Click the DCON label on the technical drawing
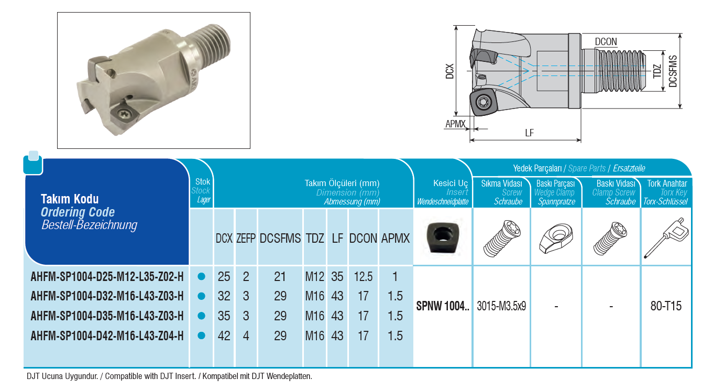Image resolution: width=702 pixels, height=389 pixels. pos(606,42)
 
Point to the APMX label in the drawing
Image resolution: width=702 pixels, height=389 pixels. pos(455,124)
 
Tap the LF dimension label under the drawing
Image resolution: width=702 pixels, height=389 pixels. pos(529,133)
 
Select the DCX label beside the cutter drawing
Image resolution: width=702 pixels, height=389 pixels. pos(449,71)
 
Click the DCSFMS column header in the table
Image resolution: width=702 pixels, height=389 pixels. pos(280,239)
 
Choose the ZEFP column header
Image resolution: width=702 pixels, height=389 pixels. pos(246,239)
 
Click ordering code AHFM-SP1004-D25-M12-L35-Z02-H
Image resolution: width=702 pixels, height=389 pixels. pos(107,277)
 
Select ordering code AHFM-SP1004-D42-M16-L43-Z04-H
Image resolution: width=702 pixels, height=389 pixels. pos(107,336)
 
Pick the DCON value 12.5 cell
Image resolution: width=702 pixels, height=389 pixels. pos(363,277)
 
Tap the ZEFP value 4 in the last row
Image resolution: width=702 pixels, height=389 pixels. pos(246,336)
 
